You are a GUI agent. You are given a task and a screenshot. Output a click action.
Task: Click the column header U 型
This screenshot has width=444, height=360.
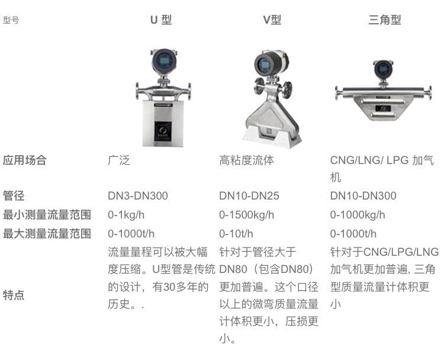[x=160, y=20]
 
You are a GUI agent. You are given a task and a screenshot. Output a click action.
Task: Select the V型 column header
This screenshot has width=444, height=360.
[x=272, y=20]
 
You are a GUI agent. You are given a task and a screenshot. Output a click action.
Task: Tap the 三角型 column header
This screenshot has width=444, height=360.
[x=384, y=20]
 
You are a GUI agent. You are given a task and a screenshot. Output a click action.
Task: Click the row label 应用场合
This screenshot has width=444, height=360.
[x=24, y=160]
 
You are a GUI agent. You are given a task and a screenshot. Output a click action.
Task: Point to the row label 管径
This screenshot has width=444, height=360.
[x=14, y=196]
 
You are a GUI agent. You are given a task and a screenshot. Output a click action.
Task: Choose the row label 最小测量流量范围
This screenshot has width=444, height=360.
[x=47, y=215]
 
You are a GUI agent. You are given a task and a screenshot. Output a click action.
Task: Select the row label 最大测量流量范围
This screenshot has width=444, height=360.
[x=47, y=233]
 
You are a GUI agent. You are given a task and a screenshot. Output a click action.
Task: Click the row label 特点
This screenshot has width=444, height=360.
[x=14, y=295]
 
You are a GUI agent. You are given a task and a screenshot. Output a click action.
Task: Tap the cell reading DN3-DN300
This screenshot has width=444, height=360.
[x=137, y=196]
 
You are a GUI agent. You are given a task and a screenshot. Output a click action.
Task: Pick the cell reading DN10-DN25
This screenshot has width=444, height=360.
[x=249, y=196]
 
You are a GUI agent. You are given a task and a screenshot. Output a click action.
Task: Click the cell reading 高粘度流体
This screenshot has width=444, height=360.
[x=246, y=160]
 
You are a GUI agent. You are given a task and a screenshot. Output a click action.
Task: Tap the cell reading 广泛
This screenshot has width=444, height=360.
[x=118, y=160]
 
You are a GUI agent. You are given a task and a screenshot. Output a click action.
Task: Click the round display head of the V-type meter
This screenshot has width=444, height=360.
[x=264, y=62]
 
